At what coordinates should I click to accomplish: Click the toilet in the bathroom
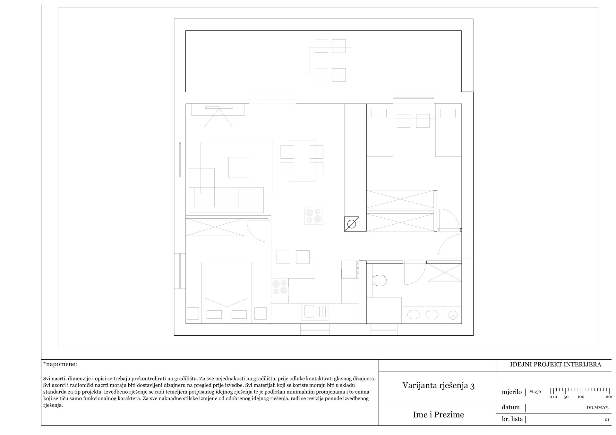[380, 280]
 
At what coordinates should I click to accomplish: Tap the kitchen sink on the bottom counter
[315, 312]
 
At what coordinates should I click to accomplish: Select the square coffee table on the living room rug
[239, 167]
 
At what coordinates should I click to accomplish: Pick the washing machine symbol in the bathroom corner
[453, 315]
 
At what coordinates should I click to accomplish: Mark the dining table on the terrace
[330, 61]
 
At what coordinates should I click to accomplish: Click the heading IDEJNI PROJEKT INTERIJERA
[555, 364]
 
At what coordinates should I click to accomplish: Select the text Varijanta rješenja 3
[438, 385]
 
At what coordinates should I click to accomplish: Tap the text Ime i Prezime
[438, 415]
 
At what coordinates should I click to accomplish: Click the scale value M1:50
[535, 392]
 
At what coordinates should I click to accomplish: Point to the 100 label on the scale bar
[581, 397]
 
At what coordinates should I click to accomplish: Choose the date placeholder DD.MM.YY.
[595, 408]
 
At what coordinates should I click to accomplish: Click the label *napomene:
[60, 364]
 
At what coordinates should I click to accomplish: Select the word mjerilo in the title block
[512, 392]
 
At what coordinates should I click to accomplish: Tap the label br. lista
[512, 419]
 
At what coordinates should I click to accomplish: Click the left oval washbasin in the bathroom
[413, 315]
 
